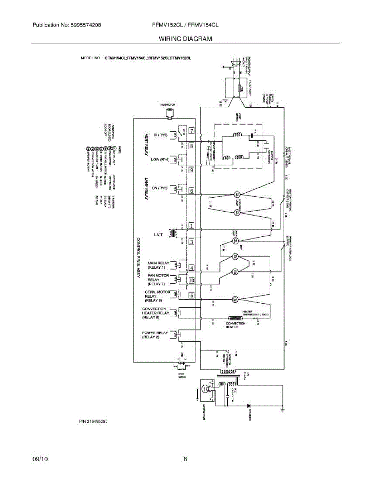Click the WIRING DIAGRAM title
click(x=185, y=39)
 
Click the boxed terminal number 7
click(x=192, y=131)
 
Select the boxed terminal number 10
click(x=192, y=280)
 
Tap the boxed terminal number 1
click(x=192, y=226)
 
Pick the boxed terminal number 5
click(x=192, y=296)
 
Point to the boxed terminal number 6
click(x=192, y=191)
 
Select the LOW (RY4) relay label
click(x=160, y=159)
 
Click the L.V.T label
click(x=158, y=235)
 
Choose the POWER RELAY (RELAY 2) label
click(x=155, y=335)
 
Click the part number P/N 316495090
click(x=93, y=422)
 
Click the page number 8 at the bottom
click(x=185, y=459)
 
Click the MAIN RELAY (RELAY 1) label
click(x=159, y=265)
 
